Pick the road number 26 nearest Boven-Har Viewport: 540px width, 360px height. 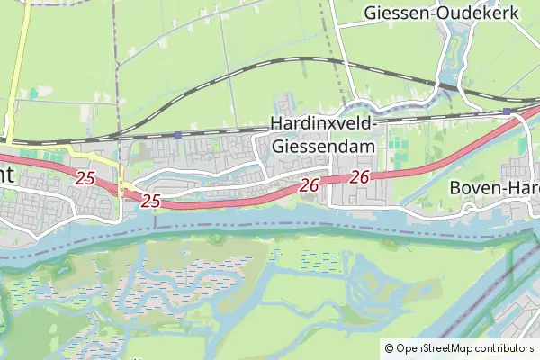click(x=360, y=178)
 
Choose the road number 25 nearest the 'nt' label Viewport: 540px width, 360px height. click(x=85, y=178)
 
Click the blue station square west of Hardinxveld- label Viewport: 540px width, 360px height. click(x=178, y=135)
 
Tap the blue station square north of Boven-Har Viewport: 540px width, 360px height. click(x=508, y=112)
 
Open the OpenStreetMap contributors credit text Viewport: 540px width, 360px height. click(x=464, y=347)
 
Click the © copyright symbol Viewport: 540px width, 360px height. click(x=389, y=347)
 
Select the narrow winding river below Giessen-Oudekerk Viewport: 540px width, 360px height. click(x=454, y=54)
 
